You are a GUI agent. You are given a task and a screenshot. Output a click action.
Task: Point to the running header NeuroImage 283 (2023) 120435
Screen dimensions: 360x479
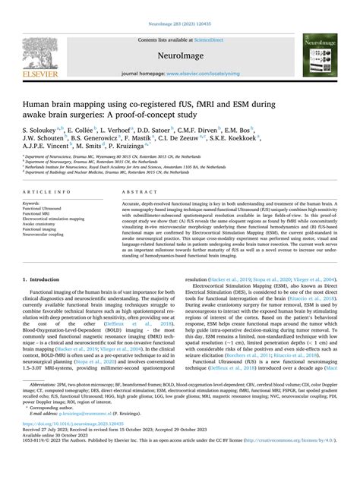180,6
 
